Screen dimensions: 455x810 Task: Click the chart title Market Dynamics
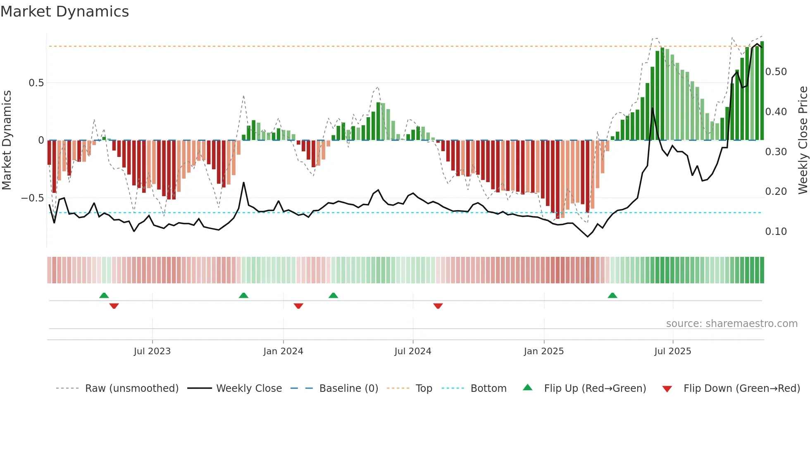click(x=65, y=12)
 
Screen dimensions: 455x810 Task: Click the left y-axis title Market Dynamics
click(x=7, y=140)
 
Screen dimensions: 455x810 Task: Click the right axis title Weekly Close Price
click(x=803, y=140)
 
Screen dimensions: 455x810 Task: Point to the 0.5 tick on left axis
click(x=36, y=83)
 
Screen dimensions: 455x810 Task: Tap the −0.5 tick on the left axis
click(x=33, y=198)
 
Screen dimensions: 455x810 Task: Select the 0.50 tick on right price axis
click(x=776, y=72)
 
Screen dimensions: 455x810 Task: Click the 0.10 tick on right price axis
click(x=776, y=232)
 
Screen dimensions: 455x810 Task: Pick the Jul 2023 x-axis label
click(x=152, y=351)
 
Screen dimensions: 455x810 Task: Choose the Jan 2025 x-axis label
click(x=543, y=351)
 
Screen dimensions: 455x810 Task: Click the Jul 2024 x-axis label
click(x=412, y=351)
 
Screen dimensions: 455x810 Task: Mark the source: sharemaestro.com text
click(x=731, y=324)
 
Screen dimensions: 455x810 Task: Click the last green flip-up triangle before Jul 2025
click(x=612, y=296)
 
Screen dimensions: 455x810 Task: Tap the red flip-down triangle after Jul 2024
click(x=438, y=306)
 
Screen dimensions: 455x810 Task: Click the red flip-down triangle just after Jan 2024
click(x=298, y=306)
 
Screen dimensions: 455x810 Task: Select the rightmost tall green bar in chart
click(x=762, y=91)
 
